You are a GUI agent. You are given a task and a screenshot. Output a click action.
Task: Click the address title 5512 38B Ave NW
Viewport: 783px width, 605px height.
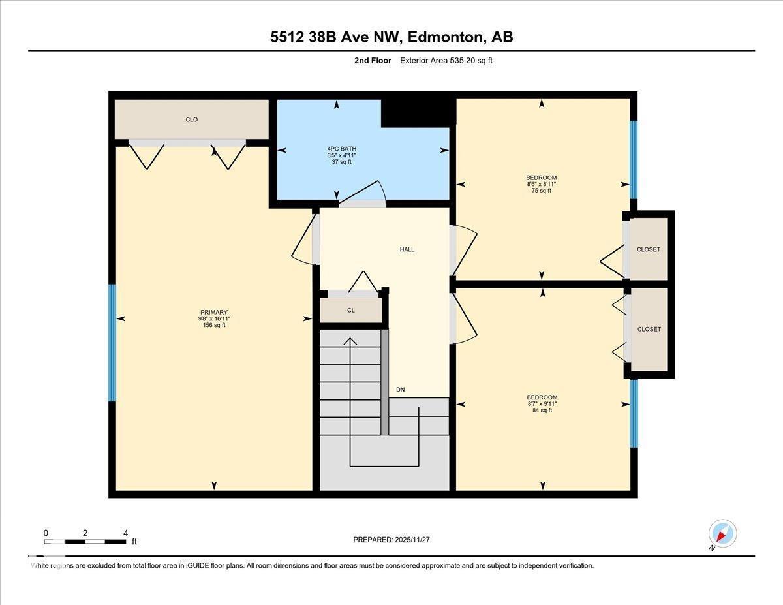pos(391,37)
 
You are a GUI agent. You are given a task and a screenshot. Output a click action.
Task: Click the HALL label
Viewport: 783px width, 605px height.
pos(407,249)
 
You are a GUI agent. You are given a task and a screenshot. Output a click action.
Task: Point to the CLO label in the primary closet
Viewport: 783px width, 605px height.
pos(191,119)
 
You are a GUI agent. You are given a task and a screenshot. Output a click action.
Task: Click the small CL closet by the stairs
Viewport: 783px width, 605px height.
pos(351,310)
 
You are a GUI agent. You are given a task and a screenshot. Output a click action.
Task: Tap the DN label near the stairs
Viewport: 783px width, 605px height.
pos(401,390)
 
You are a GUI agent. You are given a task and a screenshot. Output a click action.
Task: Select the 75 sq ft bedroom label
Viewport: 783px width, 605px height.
pos(542,184)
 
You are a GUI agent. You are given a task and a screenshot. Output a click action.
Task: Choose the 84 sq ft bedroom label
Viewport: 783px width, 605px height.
pos(542,404)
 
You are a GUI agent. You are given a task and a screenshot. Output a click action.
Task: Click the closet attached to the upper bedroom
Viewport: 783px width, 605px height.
pos(649,249)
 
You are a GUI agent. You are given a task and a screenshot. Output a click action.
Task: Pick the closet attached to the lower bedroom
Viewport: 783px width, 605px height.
pos(649,329)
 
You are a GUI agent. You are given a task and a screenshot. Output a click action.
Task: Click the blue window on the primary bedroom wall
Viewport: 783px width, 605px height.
pos(112,343)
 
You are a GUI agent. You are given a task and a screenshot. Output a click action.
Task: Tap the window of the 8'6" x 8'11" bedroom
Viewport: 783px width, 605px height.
pos(633,160)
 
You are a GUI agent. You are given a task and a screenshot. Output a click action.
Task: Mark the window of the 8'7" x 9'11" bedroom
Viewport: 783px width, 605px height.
pos(633,414)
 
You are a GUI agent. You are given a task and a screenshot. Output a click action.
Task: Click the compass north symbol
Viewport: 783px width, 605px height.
pos(722,534)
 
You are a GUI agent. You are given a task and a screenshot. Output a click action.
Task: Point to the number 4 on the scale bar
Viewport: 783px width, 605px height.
pos(125,533)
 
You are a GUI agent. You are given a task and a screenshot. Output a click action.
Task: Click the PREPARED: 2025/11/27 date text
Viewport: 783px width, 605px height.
pos(391,540)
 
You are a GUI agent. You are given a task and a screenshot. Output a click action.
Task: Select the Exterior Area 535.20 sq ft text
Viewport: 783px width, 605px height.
pos(450,61)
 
